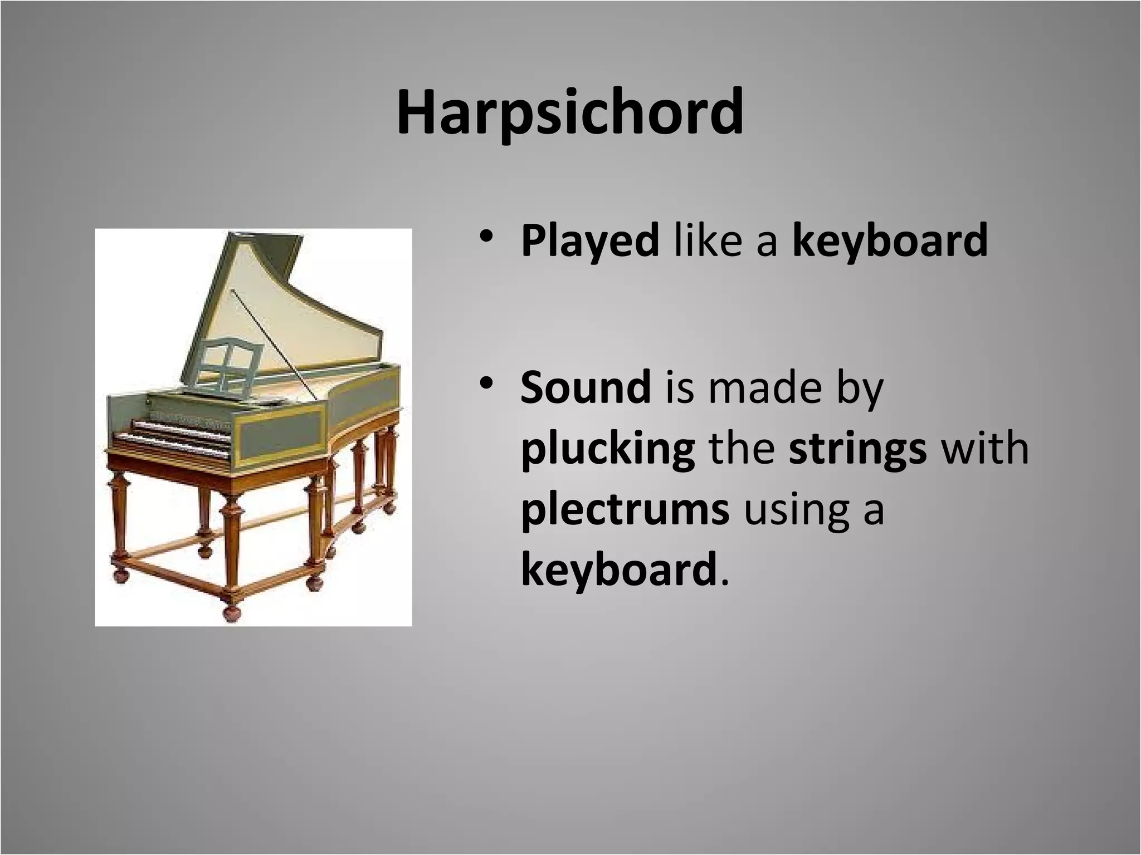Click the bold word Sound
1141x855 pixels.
tap(586, 387)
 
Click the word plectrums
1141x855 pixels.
tap(625, 510)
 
